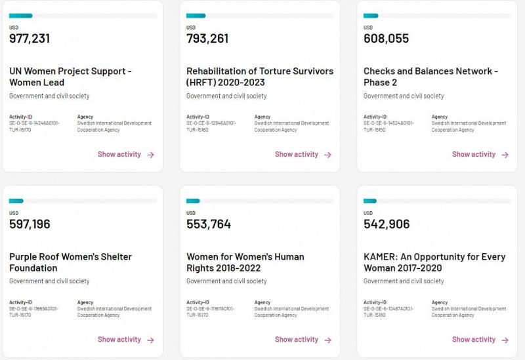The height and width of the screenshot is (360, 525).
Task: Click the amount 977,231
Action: pos(30,39)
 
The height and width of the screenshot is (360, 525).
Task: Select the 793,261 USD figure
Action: pos(207,39)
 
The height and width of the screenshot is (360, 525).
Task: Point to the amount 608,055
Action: pos(386,39)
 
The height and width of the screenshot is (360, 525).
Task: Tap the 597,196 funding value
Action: pos(30,224)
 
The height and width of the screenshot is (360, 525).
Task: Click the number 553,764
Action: pos(209,224)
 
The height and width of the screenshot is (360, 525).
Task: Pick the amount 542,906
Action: pos(387,224)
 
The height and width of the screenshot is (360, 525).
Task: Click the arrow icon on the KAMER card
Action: pos(505,340)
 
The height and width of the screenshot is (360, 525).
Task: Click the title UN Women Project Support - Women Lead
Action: pos(70,77)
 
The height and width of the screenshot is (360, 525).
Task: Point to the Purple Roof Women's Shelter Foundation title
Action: pos(70,262)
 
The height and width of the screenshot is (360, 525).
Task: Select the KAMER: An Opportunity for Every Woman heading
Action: pos(434,262)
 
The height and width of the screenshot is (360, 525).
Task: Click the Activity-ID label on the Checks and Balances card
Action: pos(375,117)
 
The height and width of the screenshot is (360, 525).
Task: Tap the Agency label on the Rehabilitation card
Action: pos(262,117)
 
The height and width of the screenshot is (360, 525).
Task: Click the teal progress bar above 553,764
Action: pos(193,201)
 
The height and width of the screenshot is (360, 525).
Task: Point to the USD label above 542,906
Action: pos(368,213)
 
